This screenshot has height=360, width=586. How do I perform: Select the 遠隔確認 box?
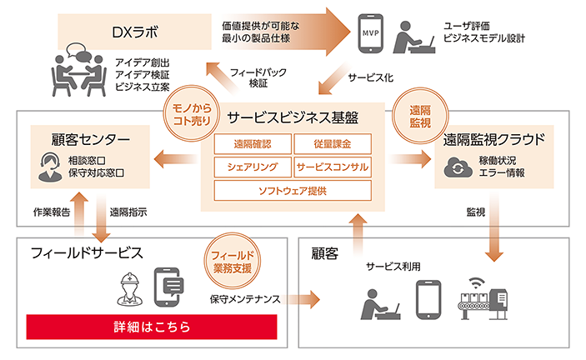point(247,143)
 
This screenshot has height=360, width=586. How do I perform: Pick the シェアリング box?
point(247,166)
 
